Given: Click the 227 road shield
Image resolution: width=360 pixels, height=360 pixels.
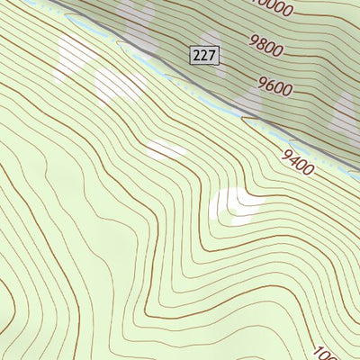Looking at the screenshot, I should coord(204,56).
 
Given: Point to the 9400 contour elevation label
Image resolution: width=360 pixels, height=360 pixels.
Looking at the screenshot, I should coord(297,163).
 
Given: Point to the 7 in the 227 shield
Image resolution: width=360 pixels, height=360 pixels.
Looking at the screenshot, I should coord(211,56).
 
